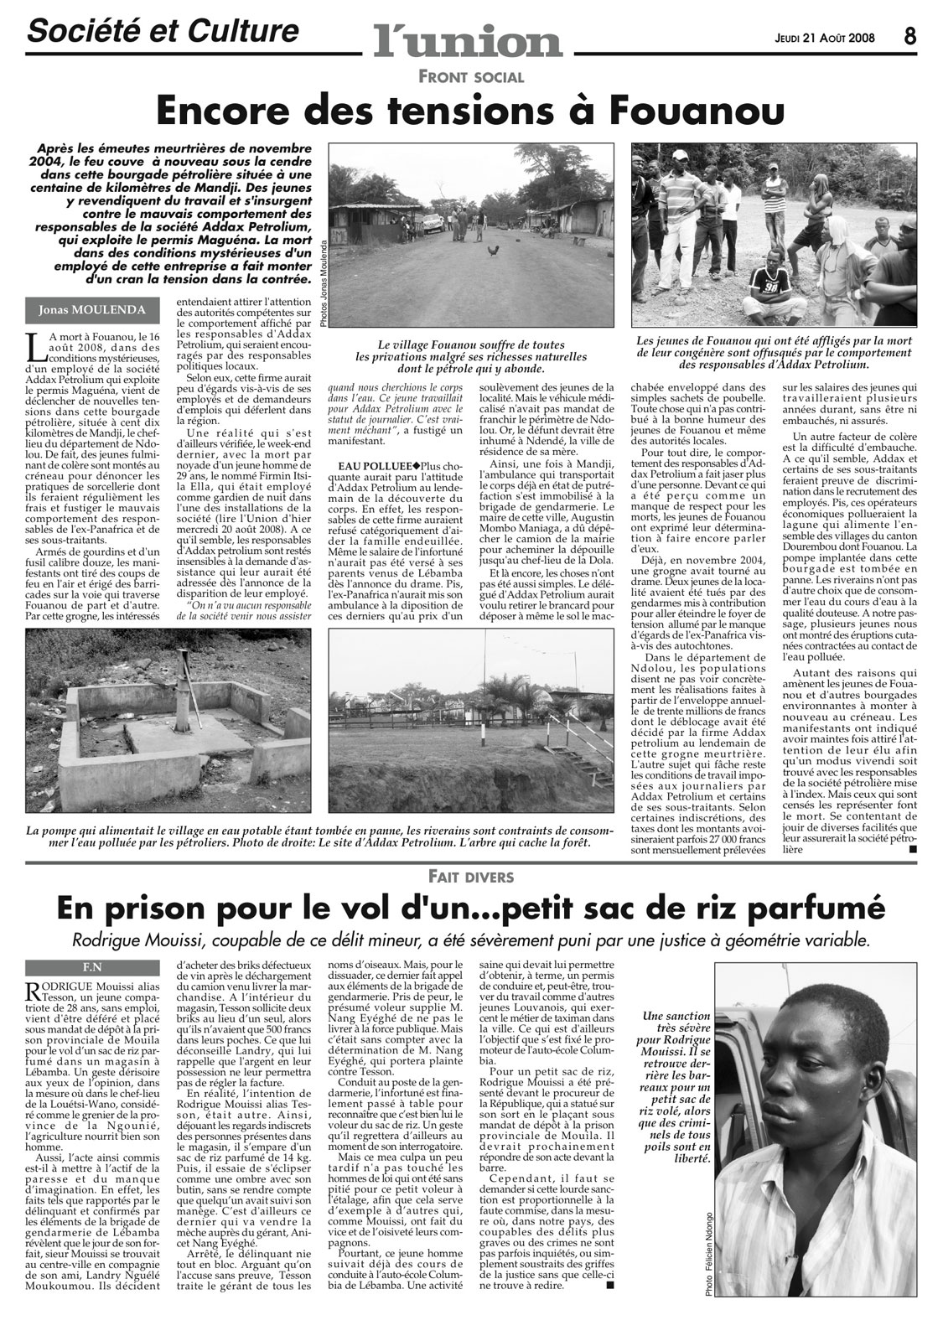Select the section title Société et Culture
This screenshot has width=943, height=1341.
pyautogui.click(x=163, y=32)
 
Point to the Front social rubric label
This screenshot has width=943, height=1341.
pyautogui.click(x=474, y=77)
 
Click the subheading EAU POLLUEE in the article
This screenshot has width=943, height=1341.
pyautogui.click(x=377, y=465)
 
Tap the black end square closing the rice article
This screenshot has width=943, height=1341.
pyautogui.click(x=609, y=1285)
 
